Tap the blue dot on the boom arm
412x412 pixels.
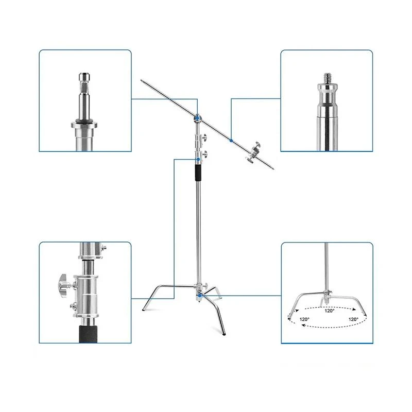pyautogui.click(x=231, y=141)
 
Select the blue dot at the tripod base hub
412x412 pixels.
pyautogui.click(x=200, y=296)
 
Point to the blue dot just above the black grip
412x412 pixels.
pyautogui.click(x=198, y=160)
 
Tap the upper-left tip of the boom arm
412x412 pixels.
pyautogui.click(x=141, y=80)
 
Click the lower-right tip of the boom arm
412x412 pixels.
pyautogui.click(x=273, y=169)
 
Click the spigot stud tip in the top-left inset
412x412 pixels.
pyautogui.click(x=84, y=77)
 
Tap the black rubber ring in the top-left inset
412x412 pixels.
pyautogui.click(x=84, y=121)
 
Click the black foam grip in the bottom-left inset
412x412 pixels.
pyautogui.click(x=88, y=334)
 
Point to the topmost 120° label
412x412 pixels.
pyautogui.click(x=329, y=311)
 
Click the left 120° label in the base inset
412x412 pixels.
pyautogui.click(x=304, y=319)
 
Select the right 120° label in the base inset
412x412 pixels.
pyautogui.click(x=353, y=319)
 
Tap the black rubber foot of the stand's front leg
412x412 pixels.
pyautogui.click(x=224, y=334)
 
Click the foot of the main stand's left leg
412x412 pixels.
pyautogui.click(x=144, y=310)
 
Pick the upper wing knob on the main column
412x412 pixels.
pyautogui.click(x=204, y=137)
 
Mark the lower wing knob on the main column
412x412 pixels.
pyautogui.click(x=204, y=154)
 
